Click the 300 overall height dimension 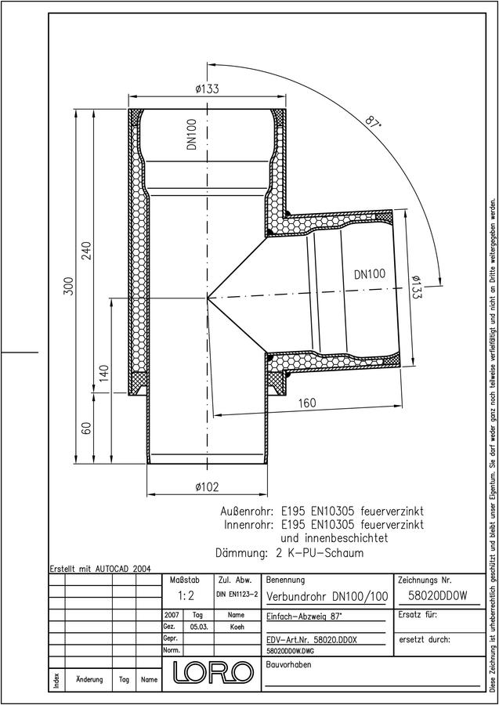68,286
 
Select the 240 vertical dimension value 86,251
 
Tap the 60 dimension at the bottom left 87,428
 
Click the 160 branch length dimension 307,403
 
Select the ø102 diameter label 208,486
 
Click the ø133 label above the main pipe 208,89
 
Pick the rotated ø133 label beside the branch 416,289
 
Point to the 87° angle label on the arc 372,123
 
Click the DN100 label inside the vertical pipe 192,134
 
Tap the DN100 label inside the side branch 370,274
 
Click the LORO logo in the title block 212,672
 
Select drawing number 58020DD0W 437,596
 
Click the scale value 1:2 186,596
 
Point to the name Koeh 237,627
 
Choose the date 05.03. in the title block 198,627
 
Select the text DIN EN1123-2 237,595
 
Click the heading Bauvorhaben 288,664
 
